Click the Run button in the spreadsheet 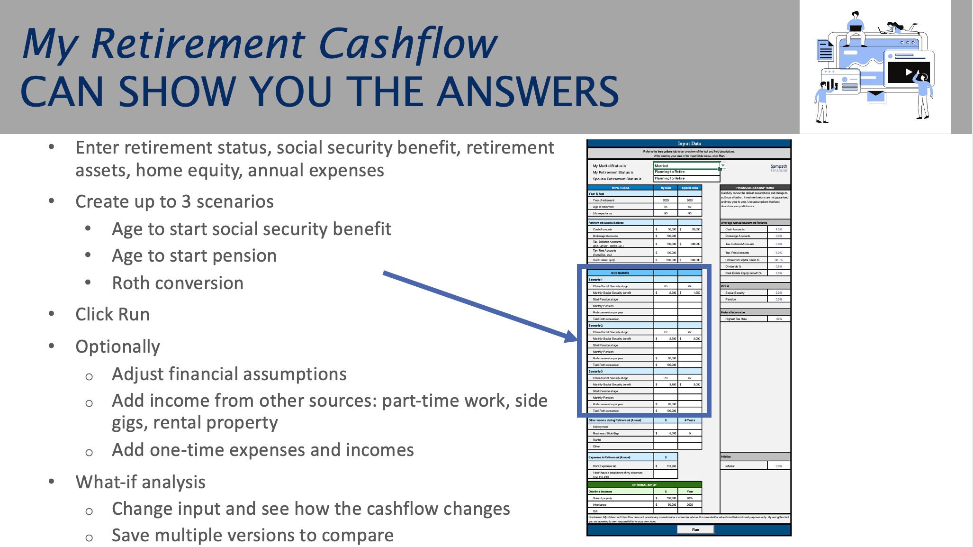(695, 529)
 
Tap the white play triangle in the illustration (908, 72)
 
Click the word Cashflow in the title (407, 44)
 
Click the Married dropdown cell (686, 166)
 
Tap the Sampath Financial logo (778, 168)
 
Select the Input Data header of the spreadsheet (689, 144)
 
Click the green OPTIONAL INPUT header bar (644, 485)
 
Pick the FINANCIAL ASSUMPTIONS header (755, 188)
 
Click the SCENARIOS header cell (620, 273)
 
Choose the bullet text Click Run (112, 314)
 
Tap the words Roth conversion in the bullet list (178, 283)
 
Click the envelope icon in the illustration (876, 95)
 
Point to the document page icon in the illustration (825, 50)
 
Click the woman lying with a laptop (894, 27)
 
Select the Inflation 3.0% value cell (779, 466)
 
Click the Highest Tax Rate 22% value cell (779, 319)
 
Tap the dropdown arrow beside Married (723, 165)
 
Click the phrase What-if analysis (140, 482)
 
